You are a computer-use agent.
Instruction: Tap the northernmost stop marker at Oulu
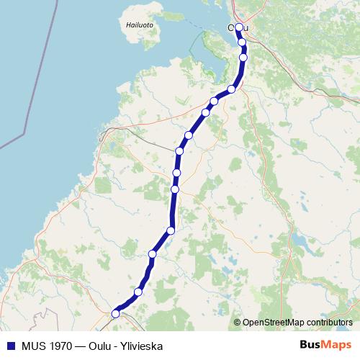point(239,28)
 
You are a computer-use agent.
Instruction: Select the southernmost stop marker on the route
point(115,313)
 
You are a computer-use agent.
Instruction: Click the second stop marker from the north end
point(243,42)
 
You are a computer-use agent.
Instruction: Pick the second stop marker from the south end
point(138,292)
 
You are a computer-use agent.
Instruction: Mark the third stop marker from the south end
point(153,253)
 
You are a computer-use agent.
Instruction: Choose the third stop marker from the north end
point(243,57)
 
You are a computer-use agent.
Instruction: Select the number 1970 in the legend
point(58,344)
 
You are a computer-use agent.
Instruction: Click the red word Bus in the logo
point(310,344)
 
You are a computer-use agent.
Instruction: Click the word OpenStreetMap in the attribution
point(274,322)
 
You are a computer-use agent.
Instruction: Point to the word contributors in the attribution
point(329,322)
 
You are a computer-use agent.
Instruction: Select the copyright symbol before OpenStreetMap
point(238,322)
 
